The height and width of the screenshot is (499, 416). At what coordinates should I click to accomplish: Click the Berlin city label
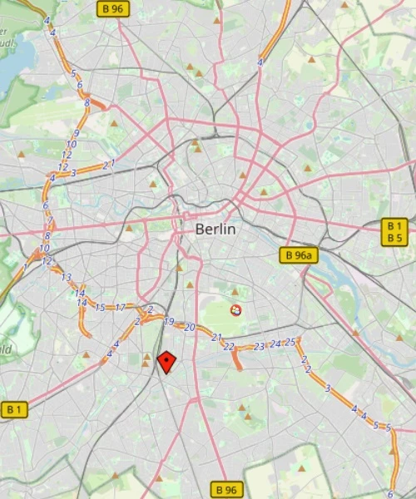coord(215,229)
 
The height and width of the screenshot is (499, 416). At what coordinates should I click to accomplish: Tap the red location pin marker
coord(167,362)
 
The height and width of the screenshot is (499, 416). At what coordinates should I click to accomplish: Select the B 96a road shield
coord(299,255)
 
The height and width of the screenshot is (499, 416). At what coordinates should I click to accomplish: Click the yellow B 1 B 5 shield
coord(394,232)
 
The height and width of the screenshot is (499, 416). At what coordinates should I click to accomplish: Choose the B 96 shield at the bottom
coord(225,490)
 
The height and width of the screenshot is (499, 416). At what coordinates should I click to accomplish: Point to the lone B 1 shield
coord(15,409)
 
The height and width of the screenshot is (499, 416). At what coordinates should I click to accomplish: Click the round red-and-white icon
coord(235,310)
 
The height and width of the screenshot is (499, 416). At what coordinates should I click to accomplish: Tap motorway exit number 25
coord(290,341)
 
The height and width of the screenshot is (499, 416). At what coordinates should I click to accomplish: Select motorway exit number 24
coord(275,343)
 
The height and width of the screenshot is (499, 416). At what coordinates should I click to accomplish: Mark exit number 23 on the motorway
coord(260,346)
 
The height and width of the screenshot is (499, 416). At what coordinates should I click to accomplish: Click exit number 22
coord(229,346)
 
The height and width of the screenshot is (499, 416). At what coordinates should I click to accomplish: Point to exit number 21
coord(217,337)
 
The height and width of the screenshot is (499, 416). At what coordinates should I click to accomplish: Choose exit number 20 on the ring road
coord(190,327)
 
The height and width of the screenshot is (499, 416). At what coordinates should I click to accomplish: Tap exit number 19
coord(169,321)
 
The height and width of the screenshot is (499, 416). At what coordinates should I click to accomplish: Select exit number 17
coord(120,308)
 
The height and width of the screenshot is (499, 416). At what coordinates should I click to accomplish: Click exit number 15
coord(101,308)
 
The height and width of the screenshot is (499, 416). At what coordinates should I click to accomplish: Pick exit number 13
coord(67,277)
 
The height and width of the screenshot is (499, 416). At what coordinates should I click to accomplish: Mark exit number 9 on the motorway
coord(76,133)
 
